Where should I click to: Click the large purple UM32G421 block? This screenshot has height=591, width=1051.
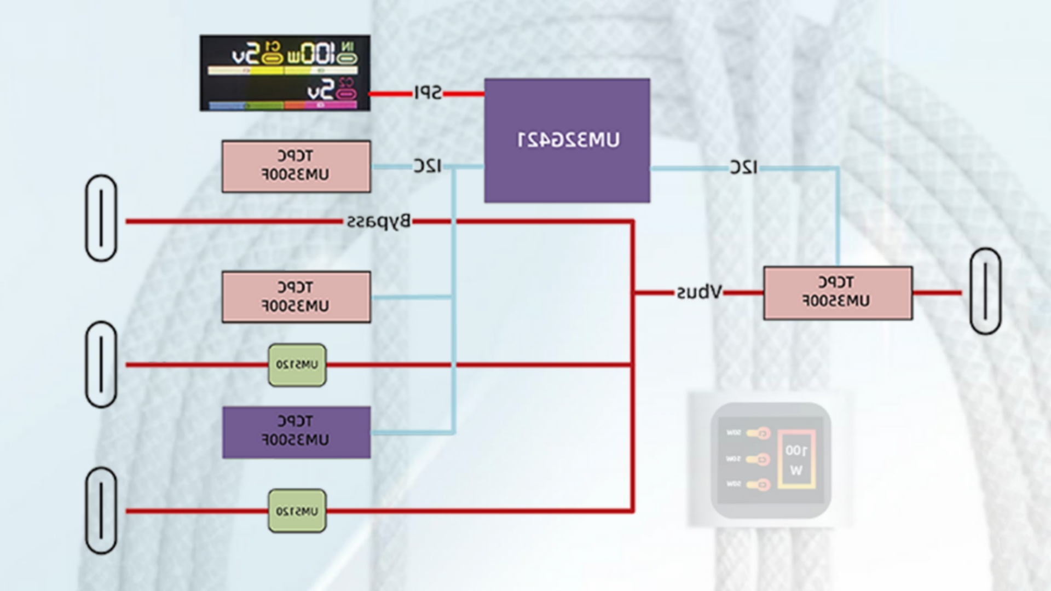pyautogui.click(x=567, y=141)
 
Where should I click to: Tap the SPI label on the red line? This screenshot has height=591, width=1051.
pyautogui.click(x=428, y=93)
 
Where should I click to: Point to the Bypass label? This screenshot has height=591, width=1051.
pyautogui.click(x=378, y=222)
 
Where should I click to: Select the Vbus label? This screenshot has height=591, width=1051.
pyautogui.click(x=699, y=292)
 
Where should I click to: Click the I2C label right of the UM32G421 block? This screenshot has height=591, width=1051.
pyautogui.click(x=743, y=167)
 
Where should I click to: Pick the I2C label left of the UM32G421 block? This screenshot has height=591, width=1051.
pyautogui.click(x=427, y=166)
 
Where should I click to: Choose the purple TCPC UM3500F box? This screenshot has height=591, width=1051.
pyautogui.click(x=296, y=432)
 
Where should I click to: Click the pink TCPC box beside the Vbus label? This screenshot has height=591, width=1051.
pyautogui.click(x=838, y=293)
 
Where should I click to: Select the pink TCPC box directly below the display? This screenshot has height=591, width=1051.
pyautogui.click(x=296, y=166)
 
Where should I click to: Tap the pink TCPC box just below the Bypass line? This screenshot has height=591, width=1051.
pyautogui.click(x=296, y=297)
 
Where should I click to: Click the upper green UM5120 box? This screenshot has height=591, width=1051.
pyautogui.click(x=297, y=365)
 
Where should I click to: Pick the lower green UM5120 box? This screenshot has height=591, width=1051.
pyautogui.click(x=297, y=511)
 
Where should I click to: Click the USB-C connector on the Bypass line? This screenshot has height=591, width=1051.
pyautogui.click(x=101, y=218)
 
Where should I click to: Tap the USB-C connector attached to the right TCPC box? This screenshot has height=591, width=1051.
pyautogui.click(x=985, y=291)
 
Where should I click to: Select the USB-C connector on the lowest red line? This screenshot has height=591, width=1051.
pyautogui.click(x=101, y=511)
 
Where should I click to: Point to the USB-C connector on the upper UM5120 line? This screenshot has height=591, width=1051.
pyautogui.click(x=101, y=364)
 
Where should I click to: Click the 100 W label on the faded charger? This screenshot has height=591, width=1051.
pyautogui.click(x=796, y=460)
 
